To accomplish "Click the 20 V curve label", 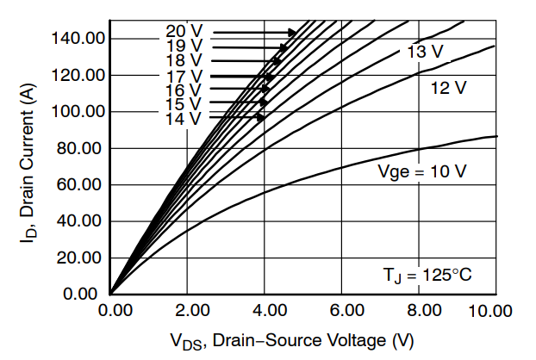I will pos(184,32).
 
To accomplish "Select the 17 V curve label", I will pos(184,76).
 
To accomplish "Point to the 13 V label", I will pos(425,53).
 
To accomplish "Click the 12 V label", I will pos(447,88).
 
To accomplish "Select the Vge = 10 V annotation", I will pos(422,171).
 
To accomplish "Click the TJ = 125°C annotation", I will pos(428,276).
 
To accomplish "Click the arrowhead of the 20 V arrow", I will pos(294,32).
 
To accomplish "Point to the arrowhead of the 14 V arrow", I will pos(262,118).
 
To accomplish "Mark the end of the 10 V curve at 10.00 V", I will pos(496,136).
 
